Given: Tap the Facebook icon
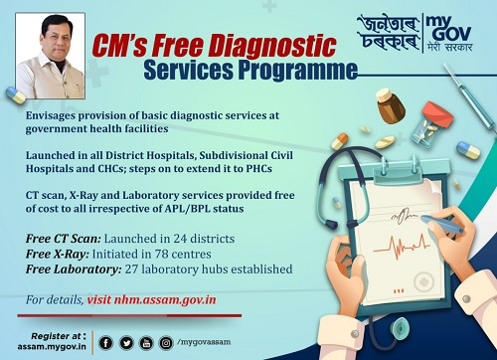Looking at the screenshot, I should pos(106,343).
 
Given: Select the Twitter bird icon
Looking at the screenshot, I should pos(126,343).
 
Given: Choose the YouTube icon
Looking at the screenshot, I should pos(145,343).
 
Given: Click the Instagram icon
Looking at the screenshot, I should pos(165,343).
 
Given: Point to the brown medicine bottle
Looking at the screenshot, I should pos(388,102).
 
